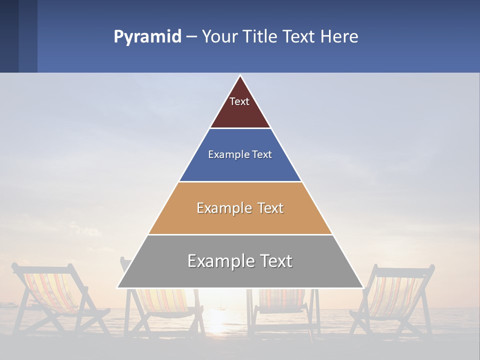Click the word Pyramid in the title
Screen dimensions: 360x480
147,37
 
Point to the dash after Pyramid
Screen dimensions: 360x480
191,37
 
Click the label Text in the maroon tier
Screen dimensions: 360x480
239,101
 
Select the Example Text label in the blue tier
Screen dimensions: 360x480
240,154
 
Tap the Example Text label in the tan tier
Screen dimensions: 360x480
240,208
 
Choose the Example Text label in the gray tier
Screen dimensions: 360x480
240,261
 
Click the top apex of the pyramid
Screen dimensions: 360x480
240,76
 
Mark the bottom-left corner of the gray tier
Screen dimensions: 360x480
118,287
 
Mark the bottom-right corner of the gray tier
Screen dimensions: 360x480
362,287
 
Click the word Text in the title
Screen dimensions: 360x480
300,37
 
